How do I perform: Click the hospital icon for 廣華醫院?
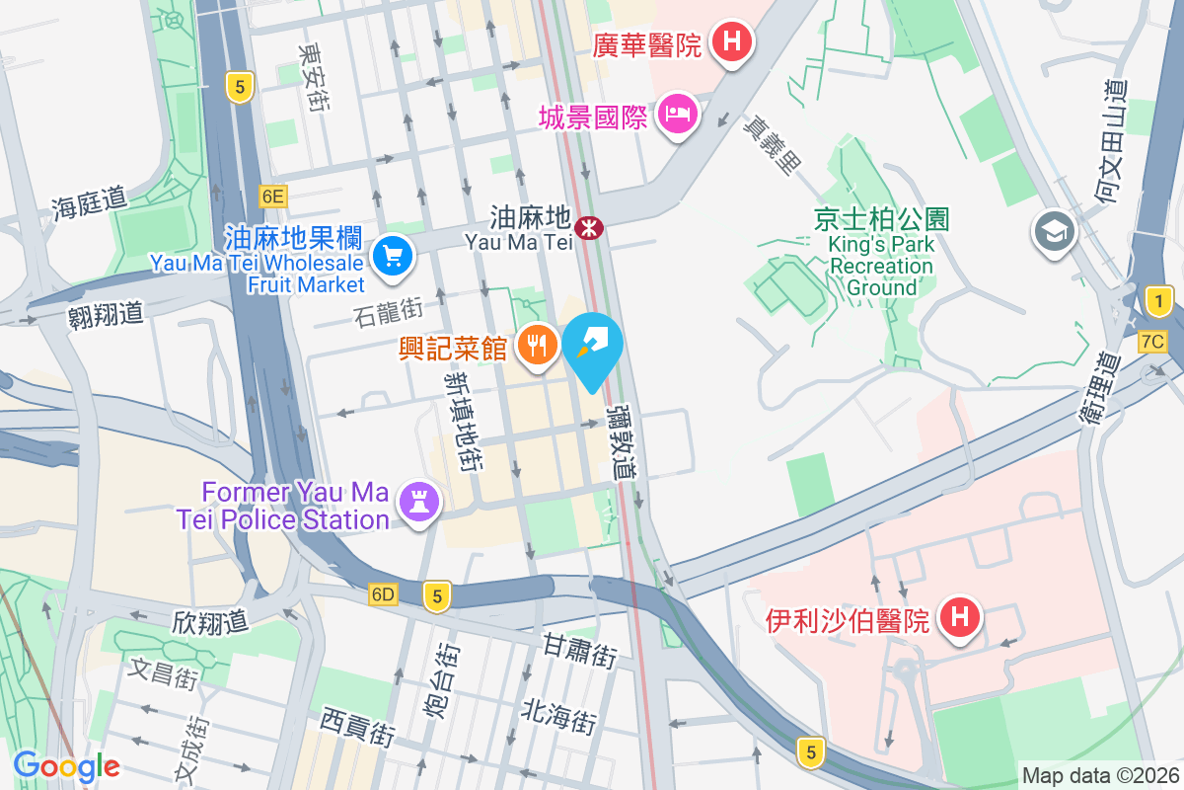732,42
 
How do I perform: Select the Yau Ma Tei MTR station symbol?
590,228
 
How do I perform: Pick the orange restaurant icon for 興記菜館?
537,345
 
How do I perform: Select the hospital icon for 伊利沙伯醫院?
959,619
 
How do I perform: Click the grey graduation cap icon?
1054,232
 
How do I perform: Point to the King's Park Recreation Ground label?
881,252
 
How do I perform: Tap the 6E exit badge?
273,197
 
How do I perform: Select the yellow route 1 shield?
1158,300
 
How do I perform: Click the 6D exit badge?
383,594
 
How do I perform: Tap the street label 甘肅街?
579,650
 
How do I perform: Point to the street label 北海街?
558,715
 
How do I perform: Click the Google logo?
66,766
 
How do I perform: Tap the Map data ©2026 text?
1099,775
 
